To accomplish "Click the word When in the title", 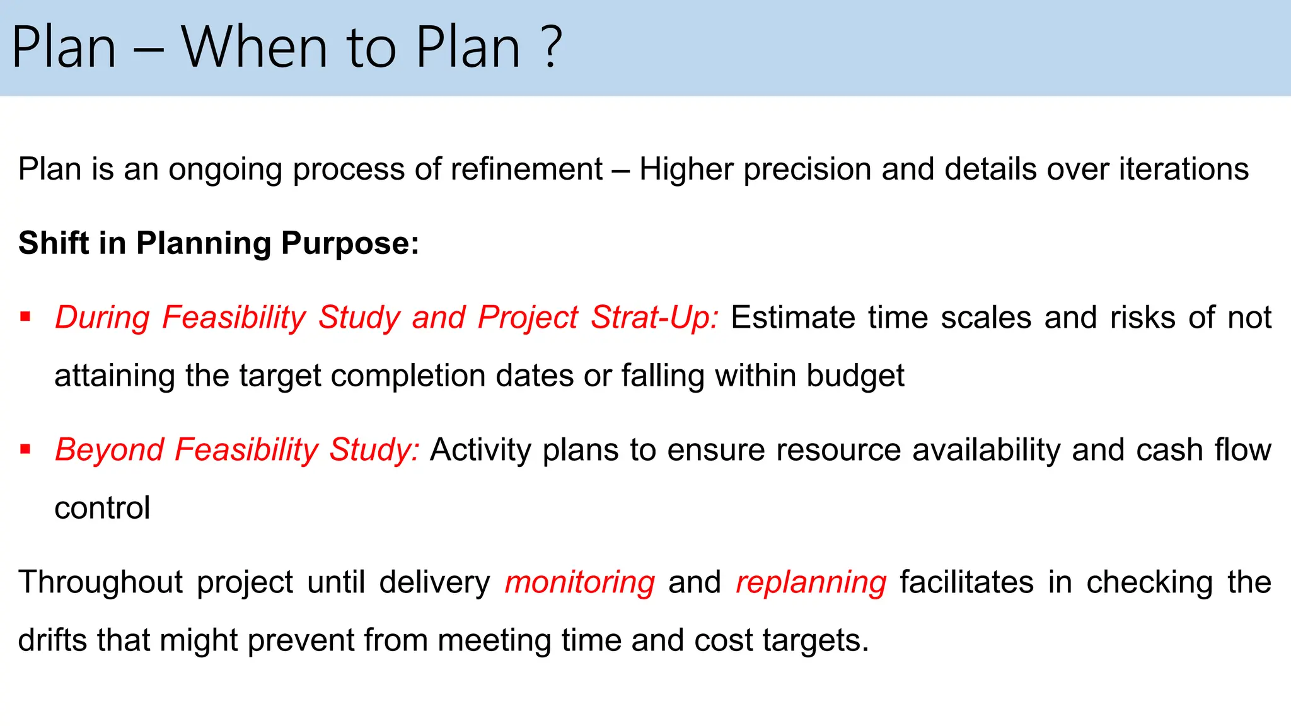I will tap(254, 47).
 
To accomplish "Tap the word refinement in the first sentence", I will tap(526, 170).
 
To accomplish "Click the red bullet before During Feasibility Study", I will tap(25, 316).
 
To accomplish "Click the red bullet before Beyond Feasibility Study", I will tap(25, 449).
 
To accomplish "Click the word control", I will tap(102, 508).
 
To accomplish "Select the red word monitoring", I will tap(579, 583).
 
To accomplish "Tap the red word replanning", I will tap(811, 583).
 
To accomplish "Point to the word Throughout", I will tap(100, 582).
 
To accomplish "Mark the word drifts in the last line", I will tap(52, 640).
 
